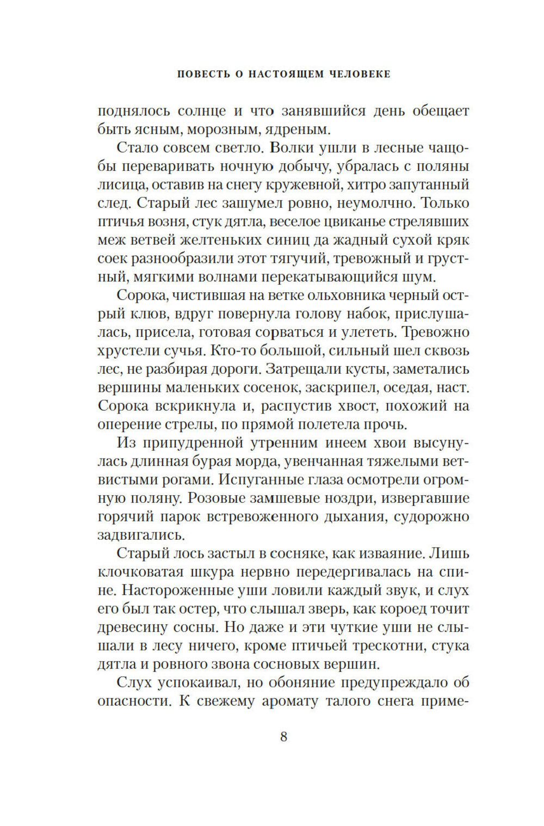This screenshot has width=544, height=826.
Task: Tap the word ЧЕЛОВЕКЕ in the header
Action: click(x=361, y=74)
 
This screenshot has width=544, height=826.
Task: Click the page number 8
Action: click(x=283, y=737)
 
